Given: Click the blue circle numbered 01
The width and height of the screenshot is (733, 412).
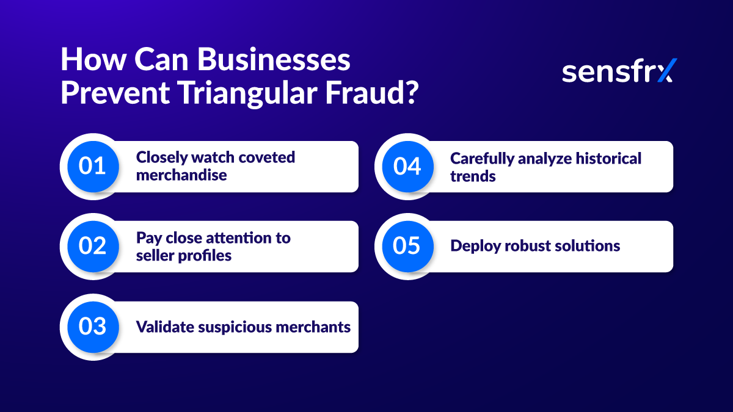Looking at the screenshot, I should [x=92, y=166].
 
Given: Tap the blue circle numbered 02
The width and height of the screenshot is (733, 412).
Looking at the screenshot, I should [x=92, y=246].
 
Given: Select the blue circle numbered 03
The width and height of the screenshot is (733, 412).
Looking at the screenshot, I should [x=92, y=327].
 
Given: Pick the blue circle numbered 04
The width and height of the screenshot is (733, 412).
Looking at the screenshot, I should [x=407, y=166].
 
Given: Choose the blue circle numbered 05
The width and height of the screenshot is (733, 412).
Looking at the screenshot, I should [x=407, y=246].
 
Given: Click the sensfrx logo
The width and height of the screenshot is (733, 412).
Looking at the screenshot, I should [x=619, y=71].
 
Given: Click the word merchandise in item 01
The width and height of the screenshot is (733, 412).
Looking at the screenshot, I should [x=181, y=175].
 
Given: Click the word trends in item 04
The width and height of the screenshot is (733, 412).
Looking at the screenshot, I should [x=473, y=176].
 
